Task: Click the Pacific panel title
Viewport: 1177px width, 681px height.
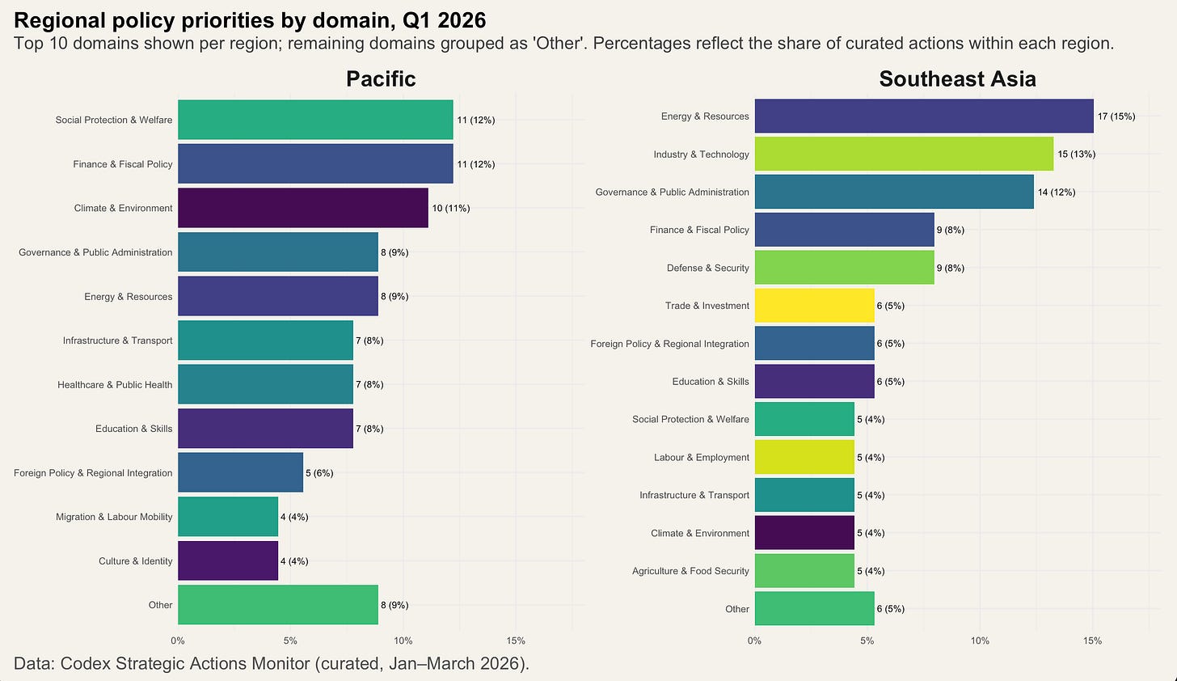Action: tap(381, 79)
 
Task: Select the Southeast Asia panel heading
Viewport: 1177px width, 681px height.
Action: tap(957, 79)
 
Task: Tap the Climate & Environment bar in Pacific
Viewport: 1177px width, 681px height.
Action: tap(303, 208)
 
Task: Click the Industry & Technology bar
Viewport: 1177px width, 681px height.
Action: tap(905, 154)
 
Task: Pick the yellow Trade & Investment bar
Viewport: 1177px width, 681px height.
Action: tap(815, 306)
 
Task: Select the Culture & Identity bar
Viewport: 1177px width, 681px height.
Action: tap(228, 560)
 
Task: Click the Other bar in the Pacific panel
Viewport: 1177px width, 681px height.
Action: tap(278, 605)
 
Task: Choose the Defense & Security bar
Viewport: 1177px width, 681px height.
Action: tap(845, 268)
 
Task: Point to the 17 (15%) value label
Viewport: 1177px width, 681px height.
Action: tap(1116, 116)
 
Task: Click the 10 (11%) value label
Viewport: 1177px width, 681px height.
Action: tap(451, 208)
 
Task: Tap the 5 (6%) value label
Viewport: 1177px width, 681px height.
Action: tap(319, 473)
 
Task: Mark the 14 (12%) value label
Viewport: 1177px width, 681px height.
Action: tap(1057, 192)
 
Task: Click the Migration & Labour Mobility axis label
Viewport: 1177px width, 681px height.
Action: tap(114, 517)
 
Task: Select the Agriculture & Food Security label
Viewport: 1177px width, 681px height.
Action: tap(690, 571)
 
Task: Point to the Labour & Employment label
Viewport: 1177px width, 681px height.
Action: tap(702, 458)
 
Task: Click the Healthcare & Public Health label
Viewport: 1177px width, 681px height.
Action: tap(115, 385)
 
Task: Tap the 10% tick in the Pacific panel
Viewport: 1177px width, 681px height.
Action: tap(403, 641)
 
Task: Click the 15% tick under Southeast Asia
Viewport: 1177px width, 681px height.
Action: tap(1092, 641)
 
